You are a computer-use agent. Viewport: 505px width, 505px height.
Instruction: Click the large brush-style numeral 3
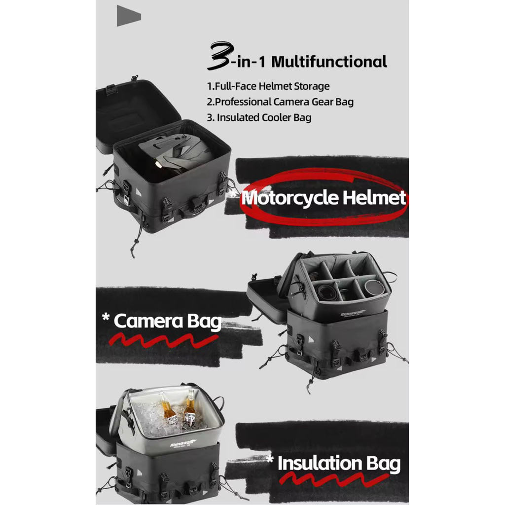tap(220, 55)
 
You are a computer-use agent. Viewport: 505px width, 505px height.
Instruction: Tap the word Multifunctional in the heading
tap(329, 62)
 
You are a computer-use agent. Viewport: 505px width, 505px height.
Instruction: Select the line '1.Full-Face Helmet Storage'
tap(268, 86)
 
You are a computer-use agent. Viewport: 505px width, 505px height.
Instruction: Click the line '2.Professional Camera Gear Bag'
tap(280, 102)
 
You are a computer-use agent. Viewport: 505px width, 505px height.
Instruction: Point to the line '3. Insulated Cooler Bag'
tap(259, 117)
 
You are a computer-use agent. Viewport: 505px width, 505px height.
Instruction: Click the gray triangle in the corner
tap(129, 15)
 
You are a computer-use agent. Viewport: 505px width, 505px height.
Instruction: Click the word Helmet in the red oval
tap(374, 197)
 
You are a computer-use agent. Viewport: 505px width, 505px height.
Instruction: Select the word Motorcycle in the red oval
tap(290, 198)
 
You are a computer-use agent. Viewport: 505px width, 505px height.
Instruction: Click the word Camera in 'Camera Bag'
tap(148, 321)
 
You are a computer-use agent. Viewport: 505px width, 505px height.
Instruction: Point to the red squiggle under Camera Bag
tap(164, 341)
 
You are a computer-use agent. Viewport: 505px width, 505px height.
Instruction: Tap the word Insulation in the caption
tap(320, 463)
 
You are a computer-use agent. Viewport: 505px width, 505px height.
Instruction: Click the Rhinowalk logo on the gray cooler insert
tap(183, 444)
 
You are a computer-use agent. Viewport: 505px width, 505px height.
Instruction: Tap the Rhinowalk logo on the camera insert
tap(353, 313)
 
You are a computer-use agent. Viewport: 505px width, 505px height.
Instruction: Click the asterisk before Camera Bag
tap(106, 317)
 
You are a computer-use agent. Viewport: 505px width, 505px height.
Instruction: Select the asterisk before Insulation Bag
tap(270, 459)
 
